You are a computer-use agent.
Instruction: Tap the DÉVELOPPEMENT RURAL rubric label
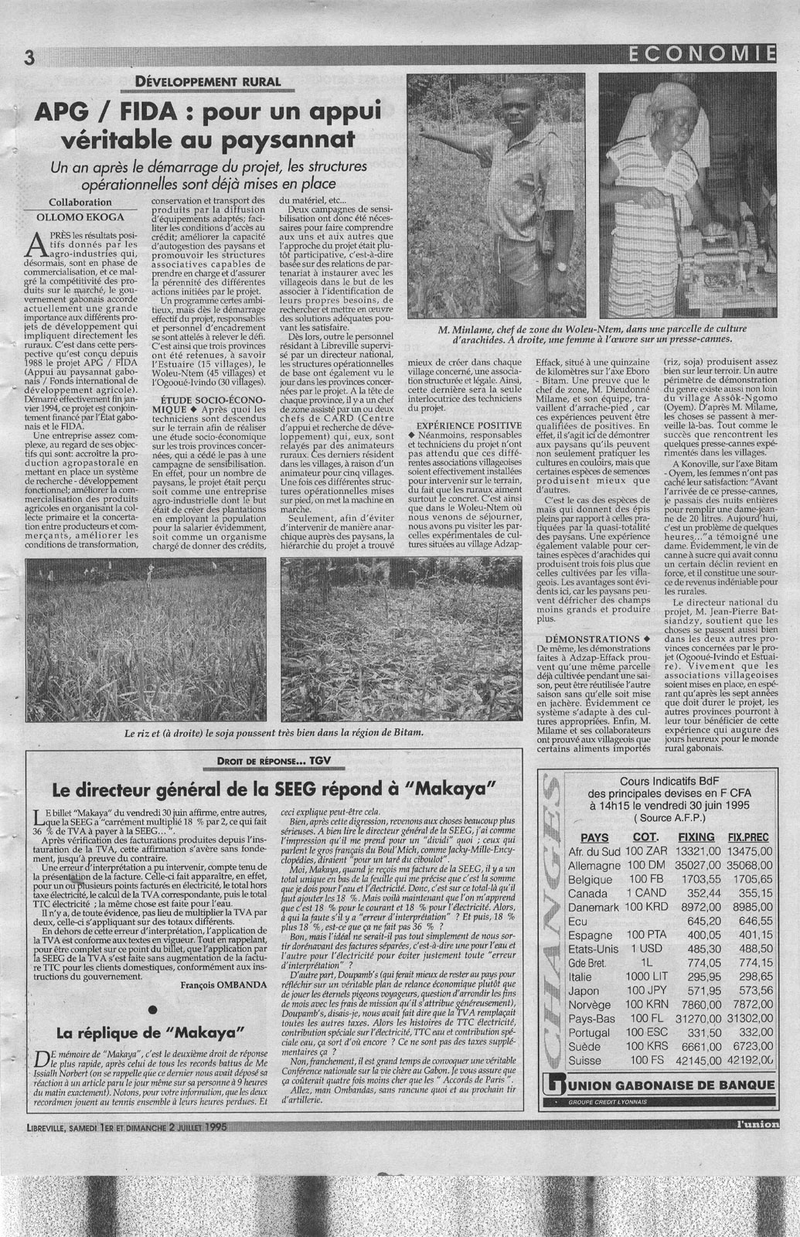(208, 82)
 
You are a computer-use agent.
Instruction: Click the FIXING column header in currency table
(696, 837)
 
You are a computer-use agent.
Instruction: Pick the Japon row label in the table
(584, 991)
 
